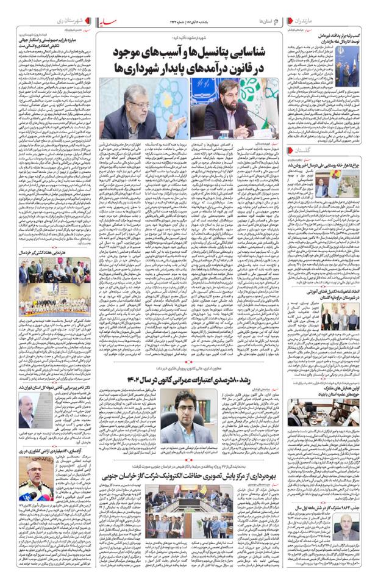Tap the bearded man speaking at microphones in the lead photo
click(232, 104)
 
